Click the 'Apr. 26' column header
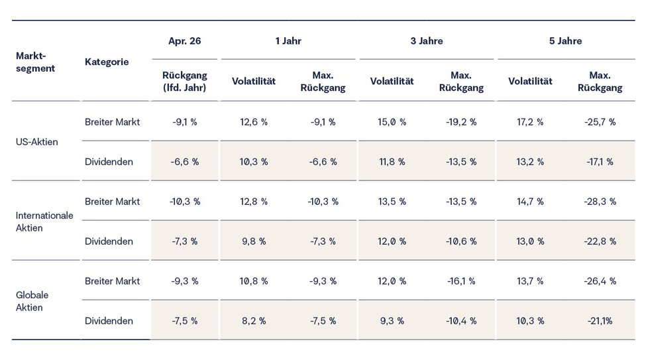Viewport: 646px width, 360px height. coord(185,41)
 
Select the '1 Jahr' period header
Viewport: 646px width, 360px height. coord(288,41)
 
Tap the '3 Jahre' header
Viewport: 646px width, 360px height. coord(427,41)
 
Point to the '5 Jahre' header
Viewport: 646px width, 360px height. coord(565,41)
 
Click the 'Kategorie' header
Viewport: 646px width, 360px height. coord(107,62)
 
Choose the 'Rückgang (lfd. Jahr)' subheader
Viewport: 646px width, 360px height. coord(185,82)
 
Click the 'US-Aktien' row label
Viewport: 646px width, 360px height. coord(36,142)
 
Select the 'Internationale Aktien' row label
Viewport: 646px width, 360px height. coord(44,221)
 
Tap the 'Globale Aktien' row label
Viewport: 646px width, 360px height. coord(32,301)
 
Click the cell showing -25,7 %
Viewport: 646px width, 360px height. coord(600,122)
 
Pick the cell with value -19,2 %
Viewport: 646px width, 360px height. coord(461,122)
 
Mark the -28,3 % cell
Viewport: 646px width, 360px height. coord(600,202)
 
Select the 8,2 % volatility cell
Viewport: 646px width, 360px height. coord(254,321)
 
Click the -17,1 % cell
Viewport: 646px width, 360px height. coord(600,162)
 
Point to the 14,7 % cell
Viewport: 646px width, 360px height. coord(530,202)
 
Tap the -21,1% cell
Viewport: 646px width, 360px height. coord(600,321)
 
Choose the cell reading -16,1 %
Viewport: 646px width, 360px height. coord(461,281)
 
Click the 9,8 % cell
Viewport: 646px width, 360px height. coord(254,241)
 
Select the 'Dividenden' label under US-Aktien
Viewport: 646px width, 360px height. coord(109,162)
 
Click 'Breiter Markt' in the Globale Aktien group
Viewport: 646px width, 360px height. coord(112,281)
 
